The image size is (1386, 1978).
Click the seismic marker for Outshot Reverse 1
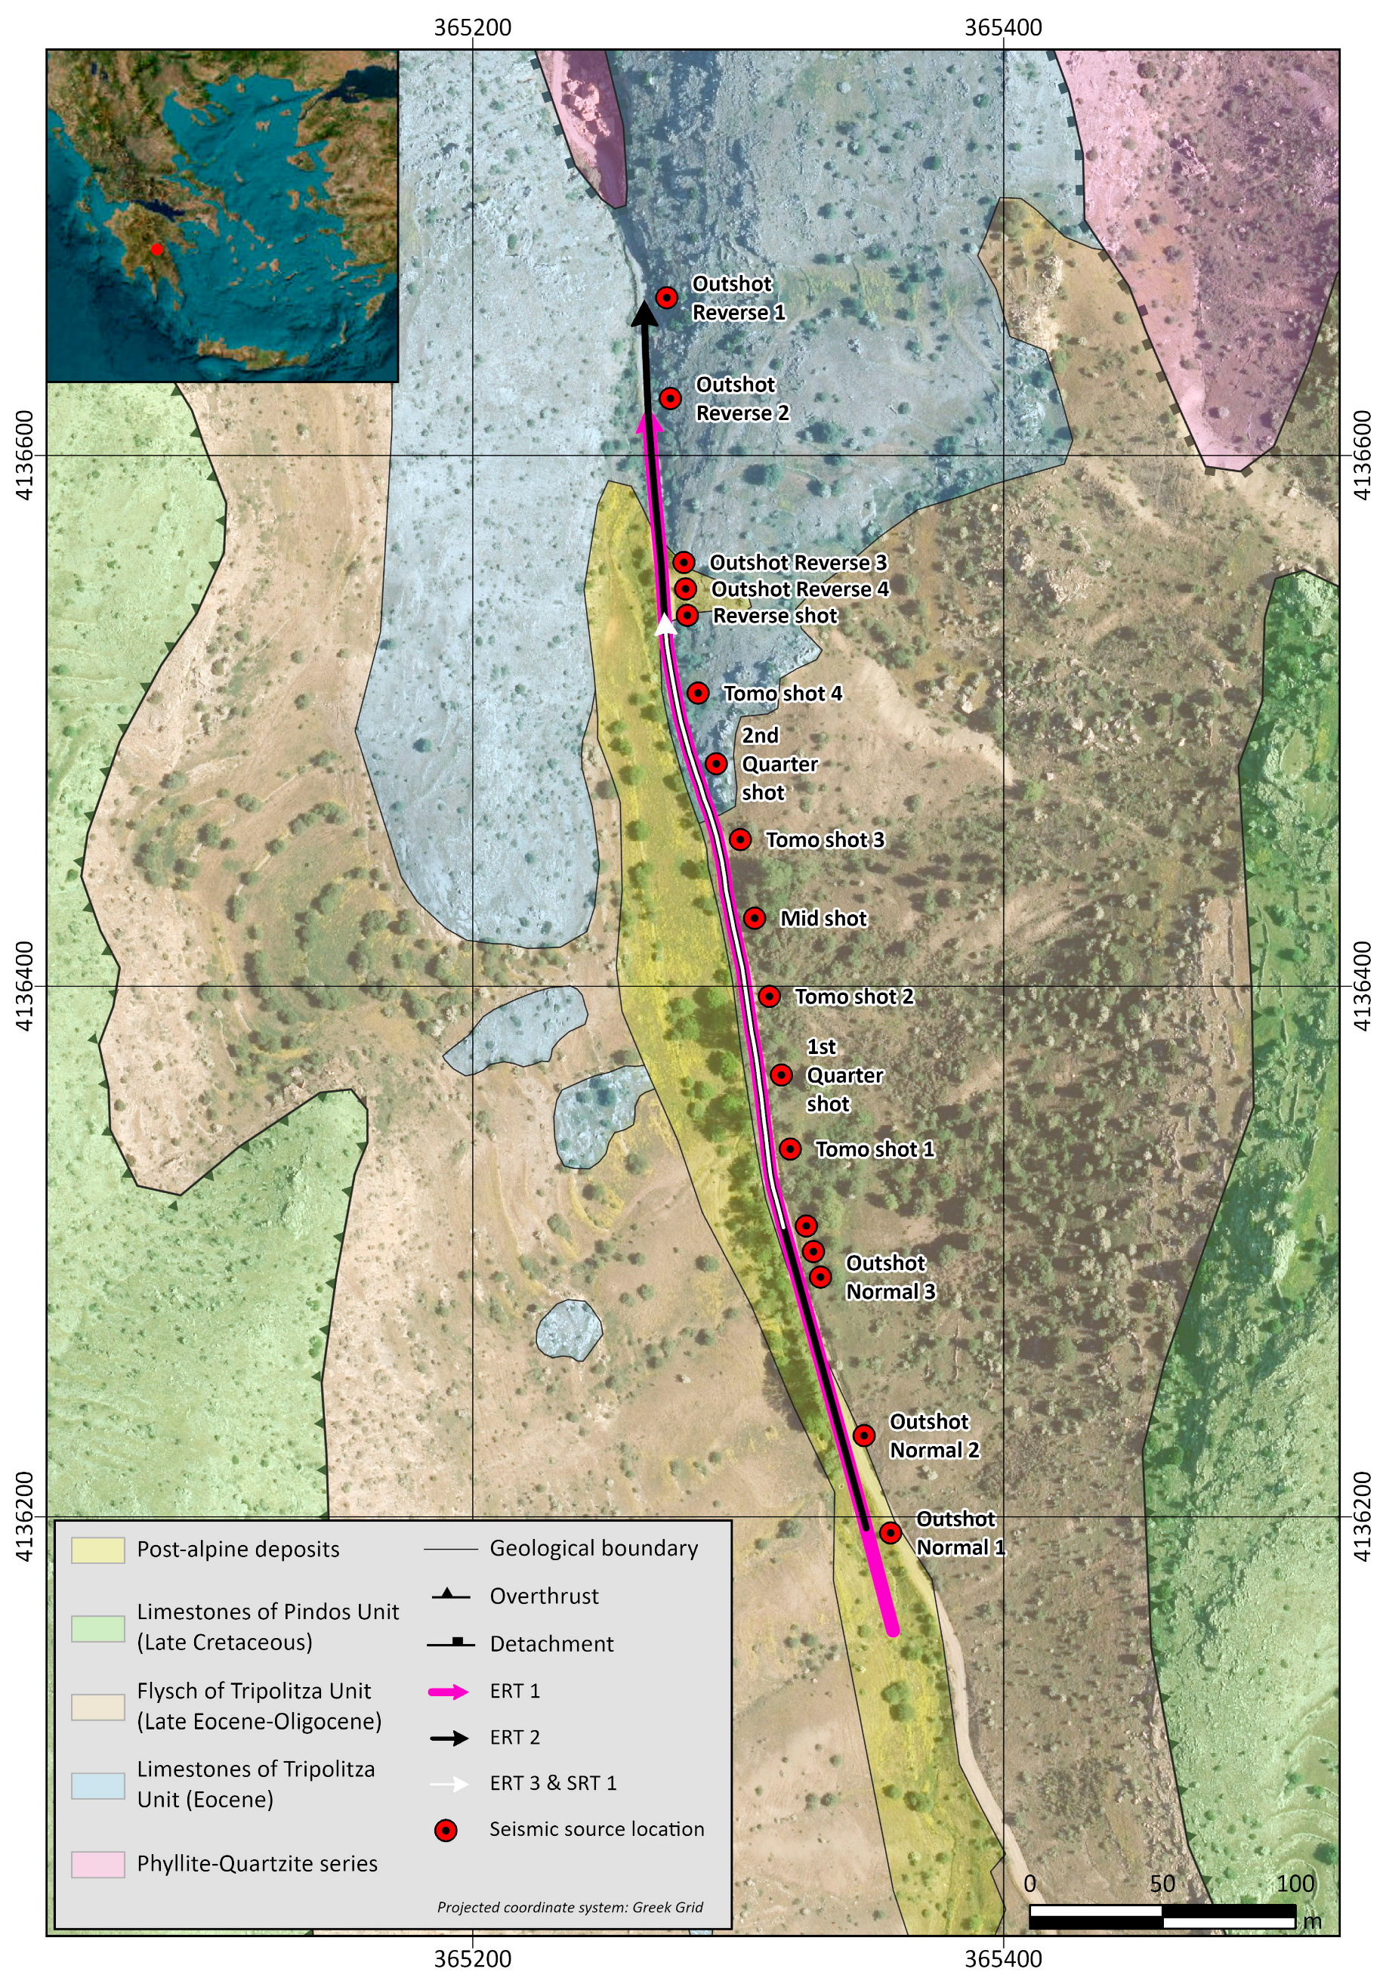(x=666, y=297)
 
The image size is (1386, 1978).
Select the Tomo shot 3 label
(x=824, y=839)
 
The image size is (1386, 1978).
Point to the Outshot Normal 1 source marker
(x=890, y=1532)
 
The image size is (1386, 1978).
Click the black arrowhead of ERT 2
(x=644, y=314)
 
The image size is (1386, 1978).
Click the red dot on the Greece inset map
(x=156, y=250)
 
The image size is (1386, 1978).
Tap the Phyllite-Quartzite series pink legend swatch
(x=97, y=1863)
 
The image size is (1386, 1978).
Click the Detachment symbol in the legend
(x=450, y=1644)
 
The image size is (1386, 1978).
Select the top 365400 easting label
(x=1002, y=27)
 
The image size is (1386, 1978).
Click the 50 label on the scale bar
(x=1161, y=1884)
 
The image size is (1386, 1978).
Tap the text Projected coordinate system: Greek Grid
(x=570, y=1906)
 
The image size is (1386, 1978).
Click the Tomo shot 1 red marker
(x=790, y=1148)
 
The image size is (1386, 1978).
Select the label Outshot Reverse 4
(x=798, y=589)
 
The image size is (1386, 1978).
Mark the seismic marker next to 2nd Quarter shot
(x=716, y=763)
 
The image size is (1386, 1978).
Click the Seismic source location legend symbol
(x=446, y=1830)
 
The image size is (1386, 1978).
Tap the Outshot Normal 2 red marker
(x=863, y=1436)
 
